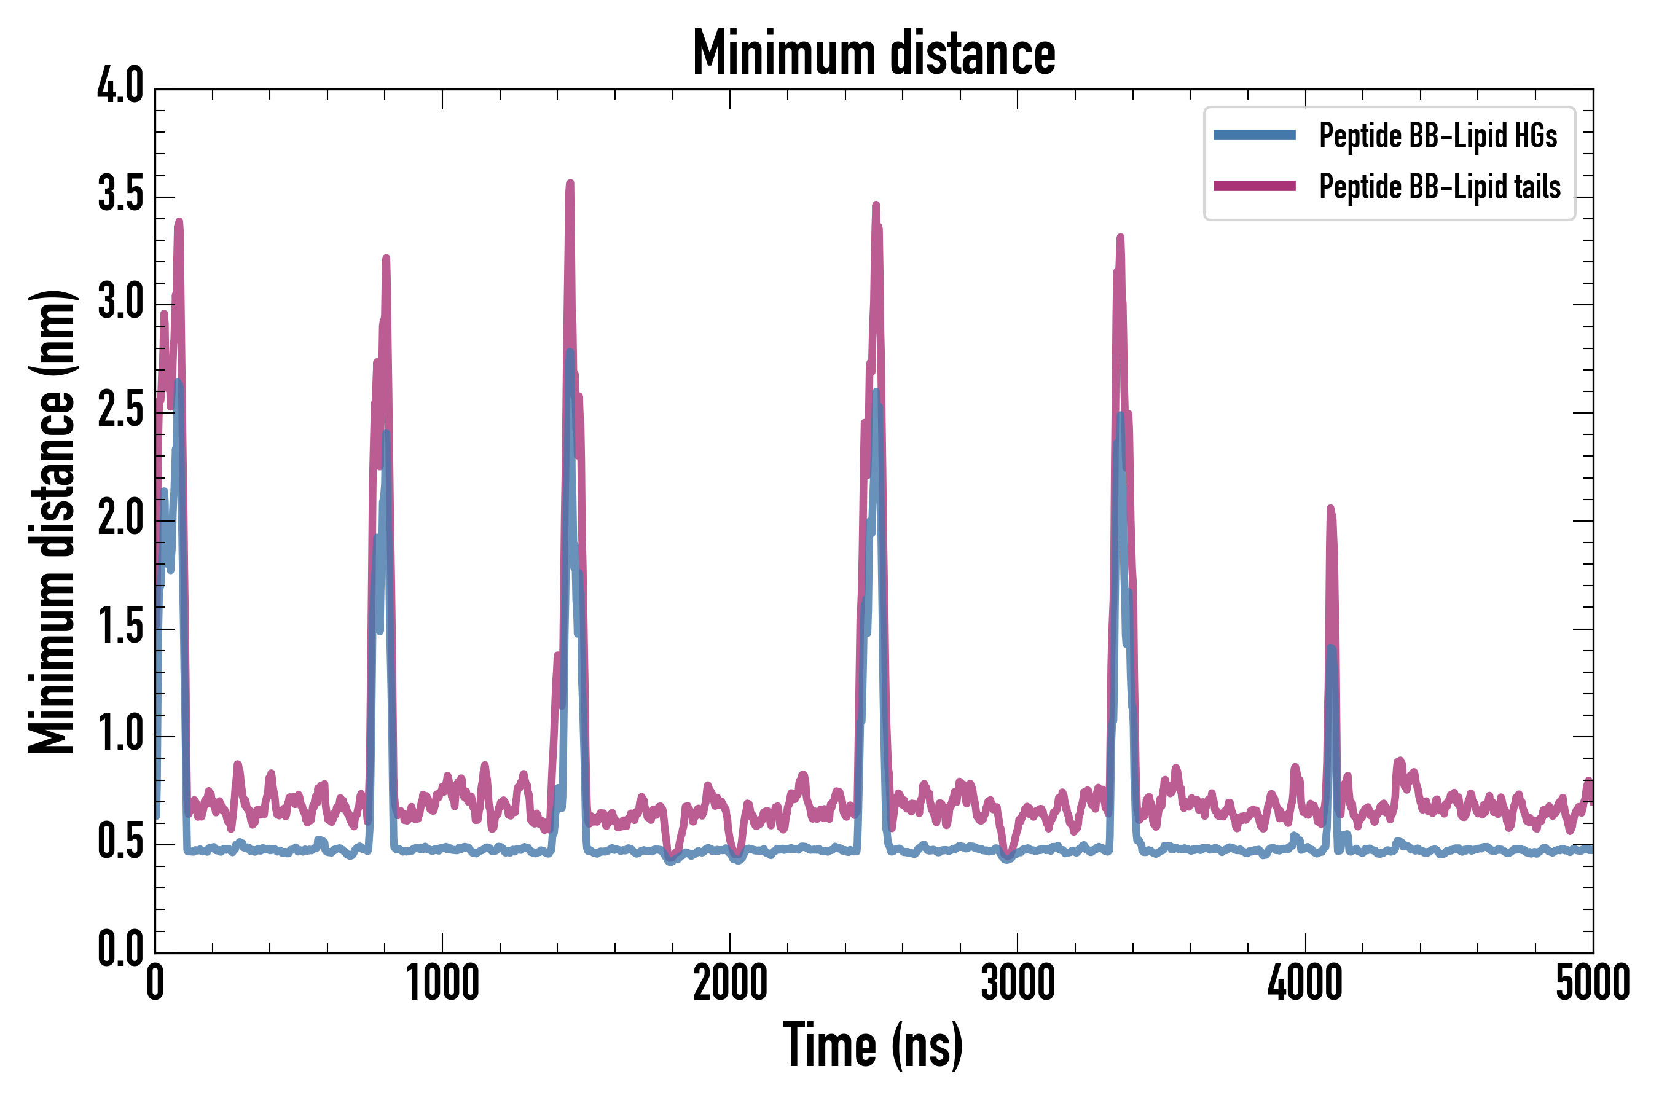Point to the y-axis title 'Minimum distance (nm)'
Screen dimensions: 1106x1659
tap(51, 521)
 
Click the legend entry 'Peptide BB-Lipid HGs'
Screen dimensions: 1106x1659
tap(1438, 135)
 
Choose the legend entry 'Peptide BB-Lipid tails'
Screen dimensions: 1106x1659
tap(1439, 187)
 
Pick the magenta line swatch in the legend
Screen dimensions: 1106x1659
tap(1254, 186)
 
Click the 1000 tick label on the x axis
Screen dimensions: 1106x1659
tap(442, 982)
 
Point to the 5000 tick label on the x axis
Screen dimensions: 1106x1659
tap(1593, 982)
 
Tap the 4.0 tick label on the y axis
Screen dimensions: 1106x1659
tap(120, 87)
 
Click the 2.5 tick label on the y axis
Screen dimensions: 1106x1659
tap(120, 411)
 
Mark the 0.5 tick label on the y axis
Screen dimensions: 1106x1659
tap(120, 843)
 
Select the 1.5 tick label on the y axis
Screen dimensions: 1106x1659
tap(120, 627)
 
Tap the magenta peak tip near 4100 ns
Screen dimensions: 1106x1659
tap(1330, 508)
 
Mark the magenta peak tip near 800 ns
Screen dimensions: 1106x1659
tap(386, 258)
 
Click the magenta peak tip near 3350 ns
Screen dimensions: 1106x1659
tap(1120, 237)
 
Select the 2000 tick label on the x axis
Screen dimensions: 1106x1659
tap(730, 982)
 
